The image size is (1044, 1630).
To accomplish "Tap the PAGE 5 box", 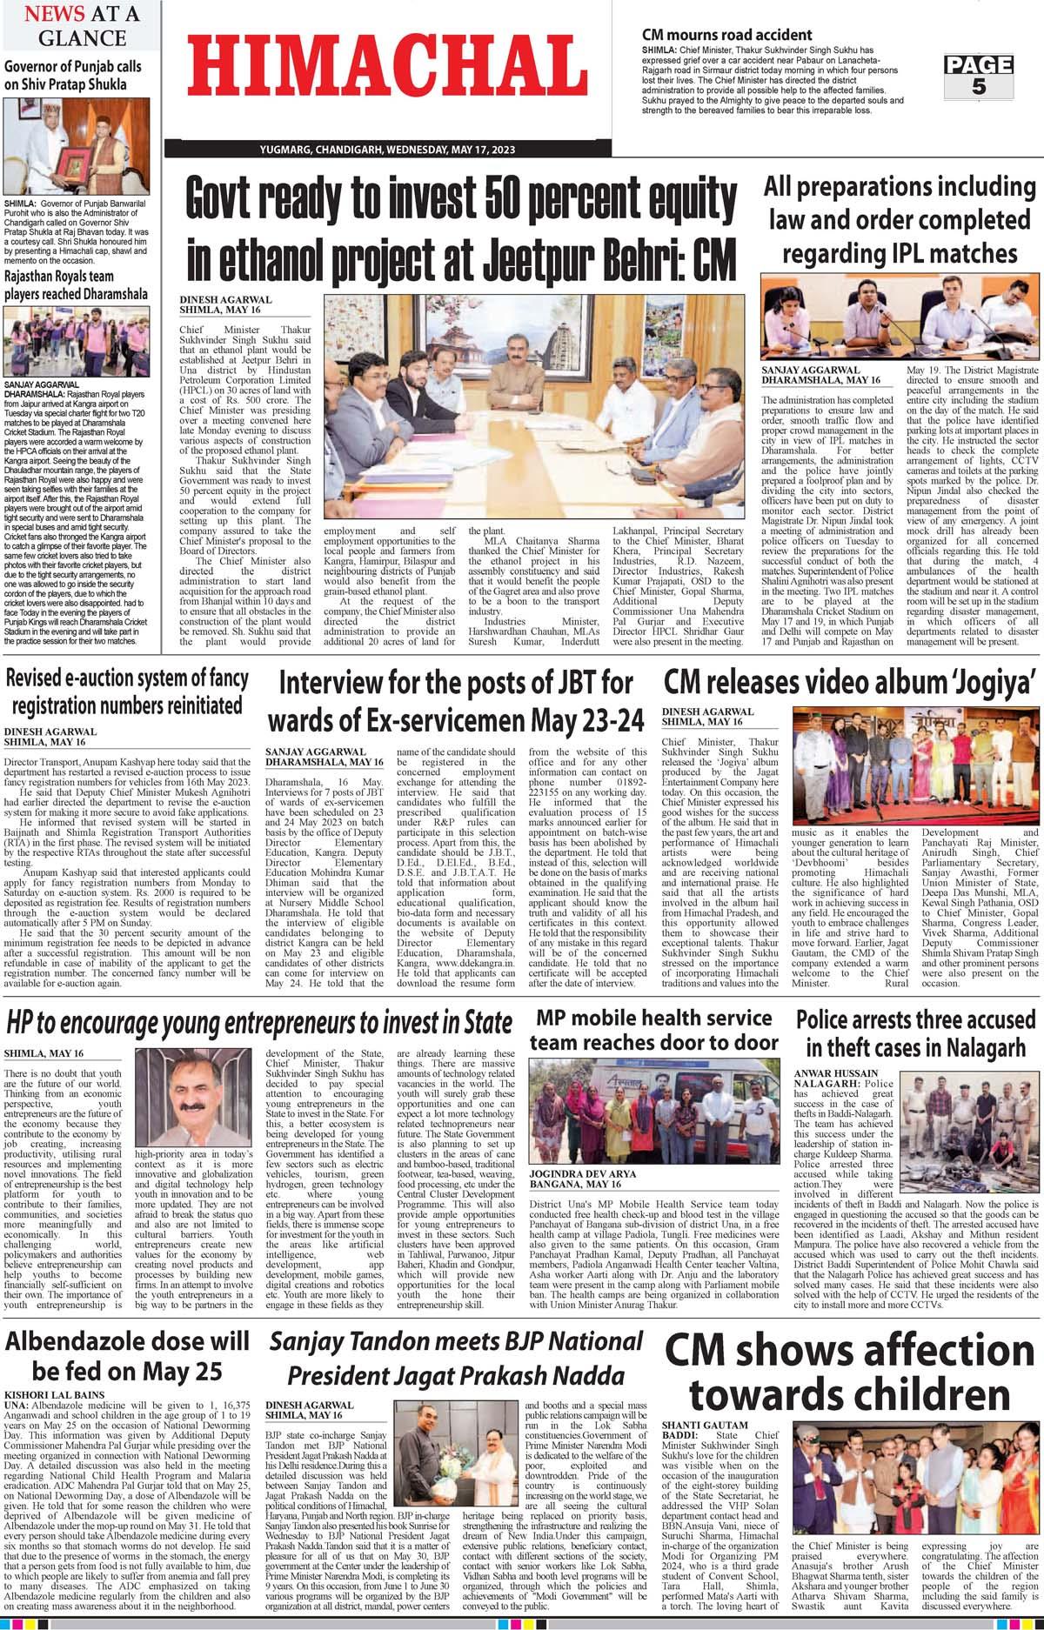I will pyautogui.click(x=979, y=76).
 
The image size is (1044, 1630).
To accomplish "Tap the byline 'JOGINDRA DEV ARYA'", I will pyautogui.click(x=590, y=1174).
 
